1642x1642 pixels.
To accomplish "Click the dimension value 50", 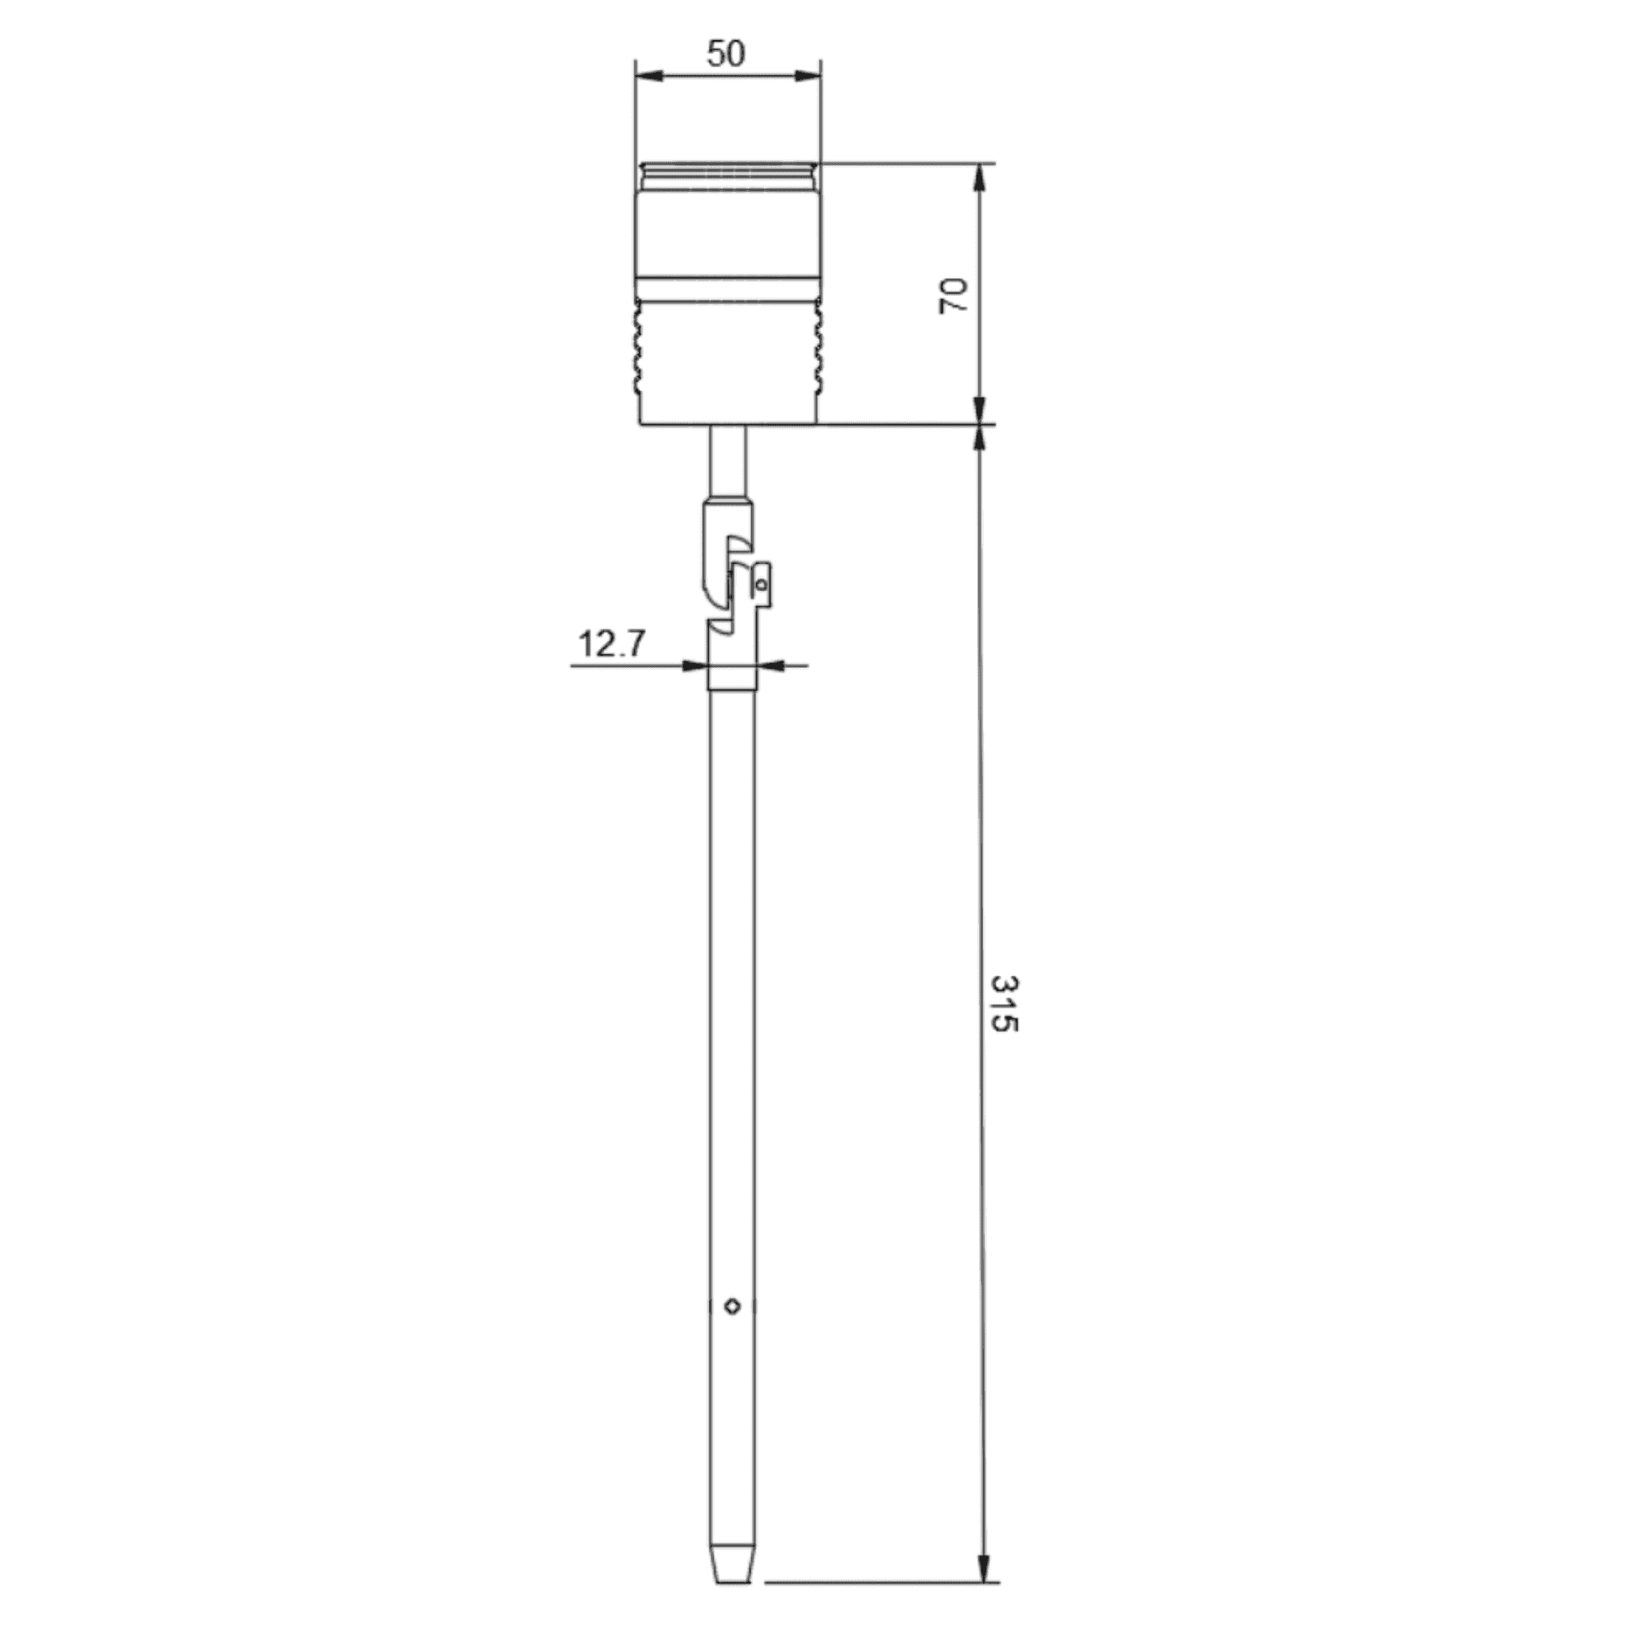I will click(x=726, y=54).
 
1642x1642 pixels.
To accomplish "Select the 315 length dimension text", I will click(x=1005, y=1004).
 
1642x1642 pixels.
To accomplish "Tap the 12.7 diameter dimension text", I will click(x=612, y=645).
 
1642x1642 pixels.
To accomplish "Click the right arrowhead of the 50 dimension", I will click(x=808, y=76).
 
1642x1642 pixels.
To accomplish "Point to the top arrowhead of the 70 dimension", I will click(x=981, y=176).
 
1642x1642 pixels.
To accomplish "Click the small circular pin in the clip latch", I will click(x=762, y=584).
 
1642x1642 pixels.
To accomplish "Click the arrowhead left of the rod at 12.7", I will click(x=696, y=666).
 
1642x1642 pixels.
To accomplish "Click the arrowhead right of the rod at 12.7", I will click(x=768, y=666).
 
